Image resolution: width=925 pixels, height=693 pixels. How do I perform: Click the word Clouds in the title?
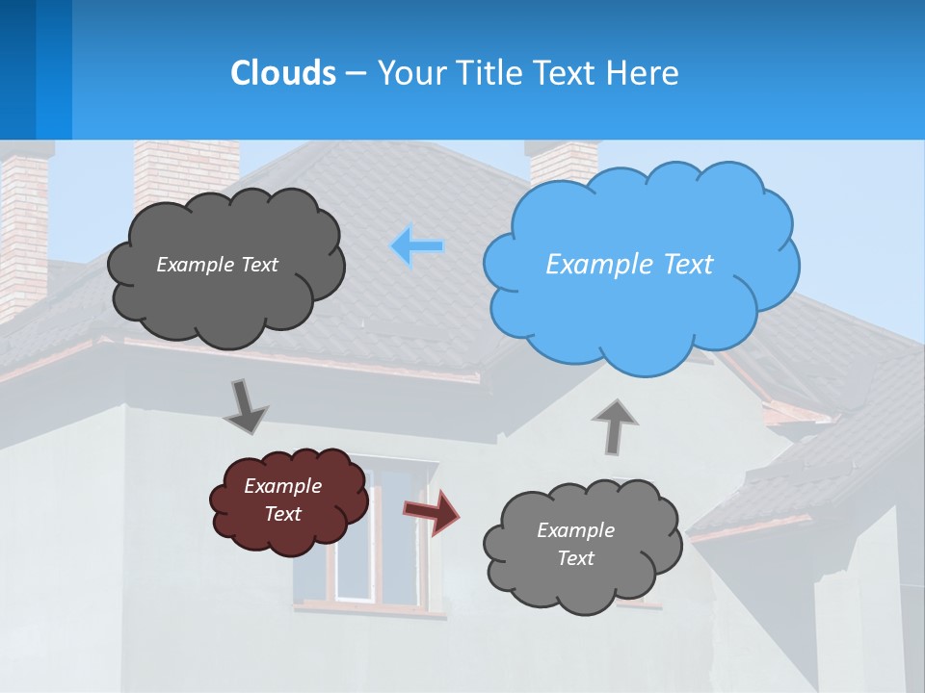click(283, 72)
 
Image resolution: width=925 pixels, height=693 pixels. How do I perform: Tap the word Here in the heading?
click(646, 72)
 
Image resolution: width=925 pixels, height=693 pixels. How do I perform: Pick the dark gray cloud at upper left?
click(226, 298)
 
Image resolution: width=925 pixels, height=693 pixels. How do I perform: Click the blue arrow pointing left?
click(417, 246)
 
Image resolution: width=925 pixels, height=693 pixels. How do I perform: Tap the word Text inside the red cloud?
click(283, 514)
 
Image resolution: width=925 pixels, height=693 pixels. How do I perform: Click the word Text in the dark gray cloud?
click(258, 264)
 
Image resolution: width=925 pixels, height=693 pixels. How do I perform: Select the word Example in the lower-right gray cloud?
click(575, 530)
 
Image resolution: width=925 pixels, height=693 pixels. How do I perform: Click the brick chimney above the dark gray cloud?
click(183, 168)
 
